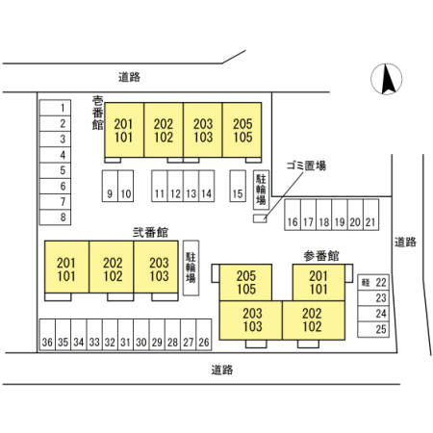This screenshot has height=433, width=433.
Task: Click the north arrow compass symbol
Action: (x=386, y=79)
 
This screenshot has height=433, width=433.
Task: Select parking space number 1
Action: (x=55, y=108)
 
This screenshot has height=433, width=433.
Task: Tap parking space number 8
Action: (x=55, y=217)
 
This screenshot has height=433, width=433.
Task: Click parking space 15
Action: (x=238, y=186)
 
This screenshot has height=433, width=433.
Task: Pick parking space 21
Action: (x=371, y=215)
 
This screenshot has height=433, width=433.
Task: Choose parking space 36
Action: (x=47, y=335)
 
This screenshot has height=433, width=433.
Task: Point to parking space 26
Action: (x=204, y=335)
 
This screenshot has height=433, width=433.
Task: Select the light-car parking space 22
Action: (x=373, y=282)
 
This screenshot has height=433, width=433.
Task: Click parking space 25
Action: (x=373, y=329)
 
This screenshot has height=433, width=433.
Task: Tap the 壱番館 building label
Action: (x=97, y=113)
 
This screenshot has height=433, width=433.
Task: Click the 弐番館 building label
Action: (x=150, y=232)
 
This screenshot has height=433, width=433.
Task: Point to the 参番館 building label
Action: (x=321, y=256)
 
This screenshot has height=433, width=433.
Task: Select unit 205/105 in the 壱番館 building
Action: (x=242, y=130)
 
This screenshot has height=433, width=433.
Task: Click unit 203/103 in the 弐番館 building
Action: (x=156, y=267)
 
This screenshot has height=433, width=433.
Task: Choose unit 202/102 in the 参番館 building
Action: (x=314, y=320)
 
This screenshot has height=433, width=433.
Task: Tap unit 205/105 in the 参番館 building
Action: (x=245, y=282)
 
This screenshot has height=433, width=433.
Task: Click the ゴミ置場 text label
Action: (x=306, y=166)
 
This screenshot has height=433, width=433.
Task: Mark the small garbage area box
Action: (x=260, y=218)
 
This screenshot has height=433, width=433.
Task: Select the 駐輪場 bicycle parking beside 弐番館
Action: (x=191, y=267)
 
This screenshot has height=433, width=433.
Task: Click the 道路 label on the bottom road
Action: (x=222, y=369)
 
